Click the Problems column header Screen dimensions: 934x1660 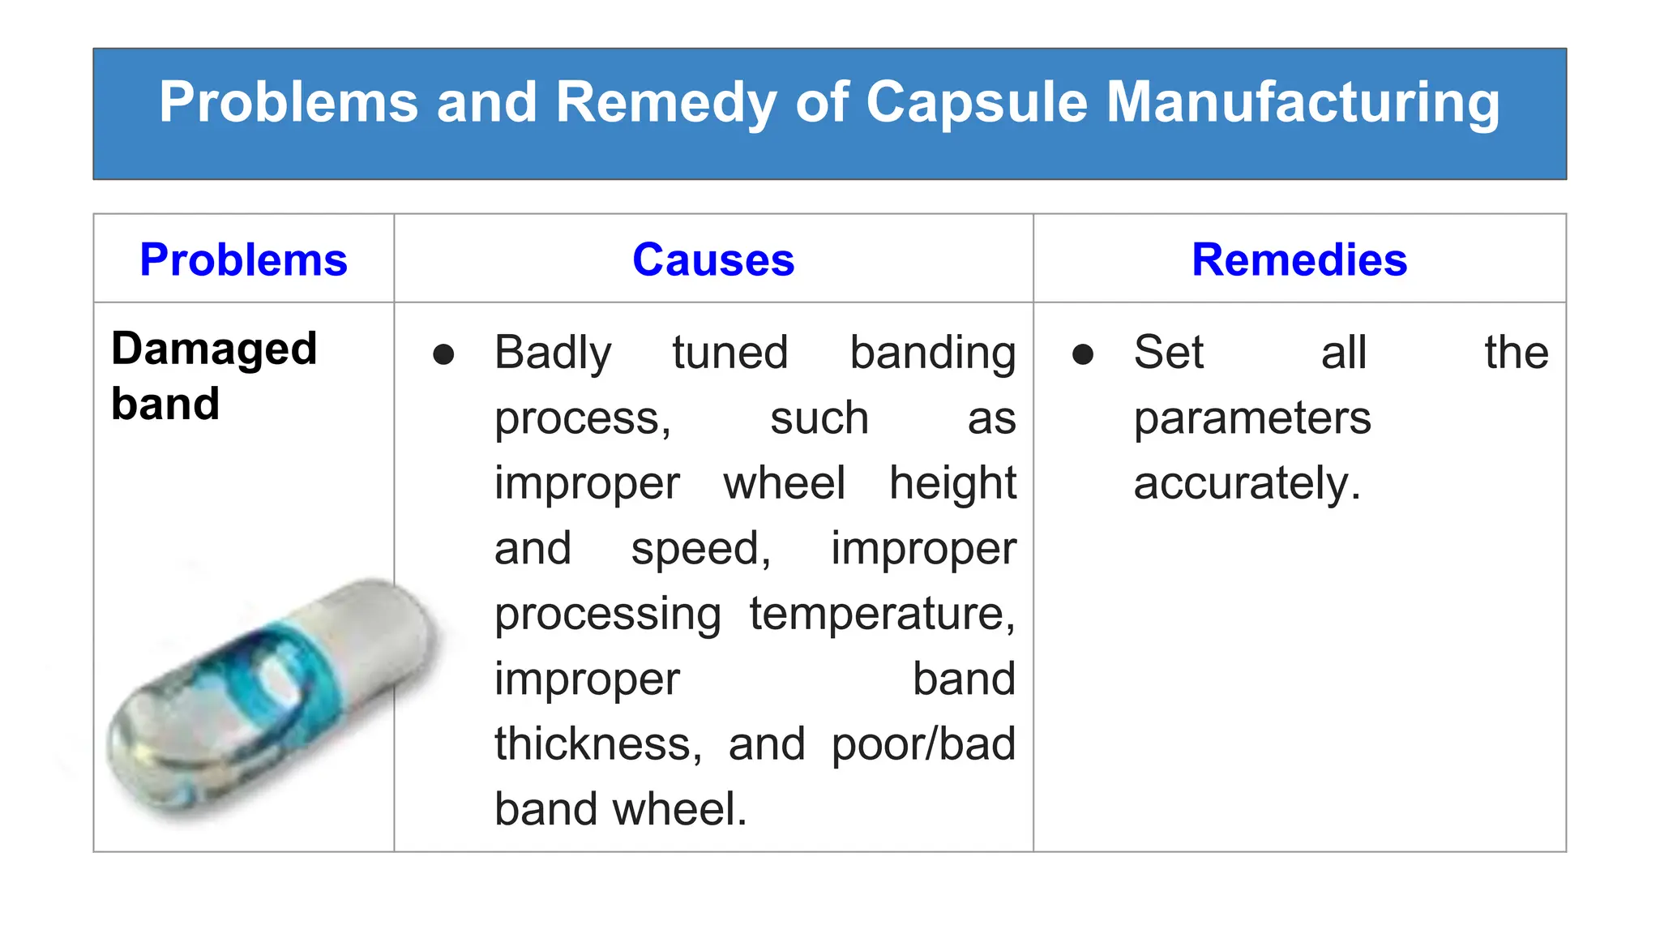coord(243,260)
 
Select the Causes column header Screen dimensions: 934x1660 coord(713,260)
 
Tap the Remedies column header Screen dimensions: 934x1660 coord(1299,260)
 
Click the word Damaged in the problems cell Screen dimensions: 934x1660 coord(214,349)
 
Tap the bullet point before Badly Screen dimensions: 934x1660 coord(443,354)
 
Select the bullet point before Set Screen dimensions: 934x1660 coord(1083,354)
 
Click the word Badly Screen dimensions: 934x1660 coord(553,353)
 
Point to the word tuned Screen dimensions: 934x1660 coord(729,353)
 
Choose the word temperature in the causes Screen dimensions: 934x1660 coord(882,614)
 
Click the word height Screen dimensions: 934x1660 coord(952,484)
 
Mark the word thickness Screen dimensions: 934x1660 coord(598,744)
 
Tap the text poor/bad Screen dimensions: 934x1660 coord(923,744)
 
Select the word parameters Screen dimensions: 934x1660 coord(1252,419)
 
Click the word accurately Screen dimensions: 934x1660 coord(1247,484)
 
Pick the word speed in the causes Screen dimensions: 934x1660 coord(700,550)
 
